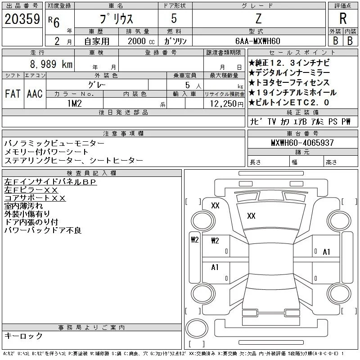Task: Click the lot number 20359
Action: coord(22,19)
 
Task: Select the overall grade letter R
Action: coord(343,18)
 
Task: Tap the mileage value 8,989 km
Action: coord(51,64)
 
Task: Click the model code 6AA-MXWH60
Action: coord(257,41)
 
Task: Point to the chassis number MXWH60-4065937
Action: coord(302,143)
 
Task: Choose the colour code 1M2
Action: coord(75,103)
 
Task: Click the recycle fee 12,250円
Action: coord(226,104)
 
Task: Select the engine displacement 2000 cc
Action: coord(141,41)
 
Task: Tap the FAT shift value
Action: coord(13,94)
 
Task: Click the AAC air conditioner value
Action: coord(35,94)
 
